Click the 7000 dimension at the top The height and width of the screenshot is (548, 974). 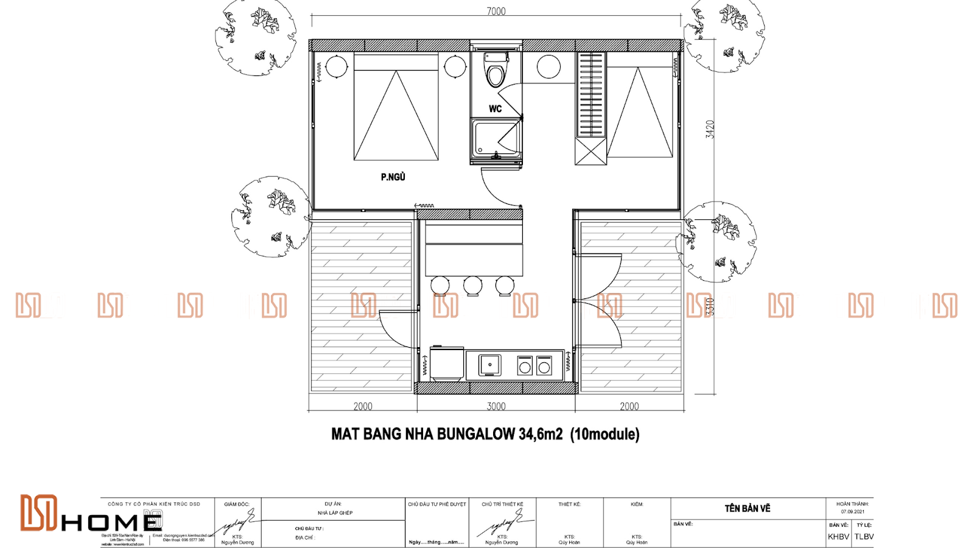496,11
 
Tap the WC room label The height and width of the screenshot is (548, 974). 495,109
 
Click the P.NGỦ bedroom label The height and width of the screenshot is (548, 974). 393,177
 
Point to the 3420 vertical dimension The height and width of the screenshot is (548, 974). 710,129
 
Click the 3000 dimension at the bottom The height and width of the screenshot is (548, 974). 496,406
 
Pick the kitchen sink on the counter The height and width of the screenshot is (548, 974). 489,365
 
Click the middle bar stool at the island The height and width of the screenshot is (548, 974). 472,285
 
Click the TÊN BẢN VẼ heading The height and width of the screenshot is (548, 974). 748,508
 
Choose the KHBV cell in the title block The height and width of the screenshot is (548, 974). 838,536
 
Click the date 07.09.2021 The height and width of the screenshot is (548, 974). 852,511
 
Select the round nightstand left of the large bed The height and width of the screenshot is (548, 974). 336,66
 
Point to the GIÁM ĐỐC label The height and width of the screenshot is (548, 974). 236,504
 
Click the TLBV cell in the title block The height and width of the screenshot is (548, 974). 863,536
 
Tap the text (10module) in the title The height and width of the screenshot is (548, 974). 604,434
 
